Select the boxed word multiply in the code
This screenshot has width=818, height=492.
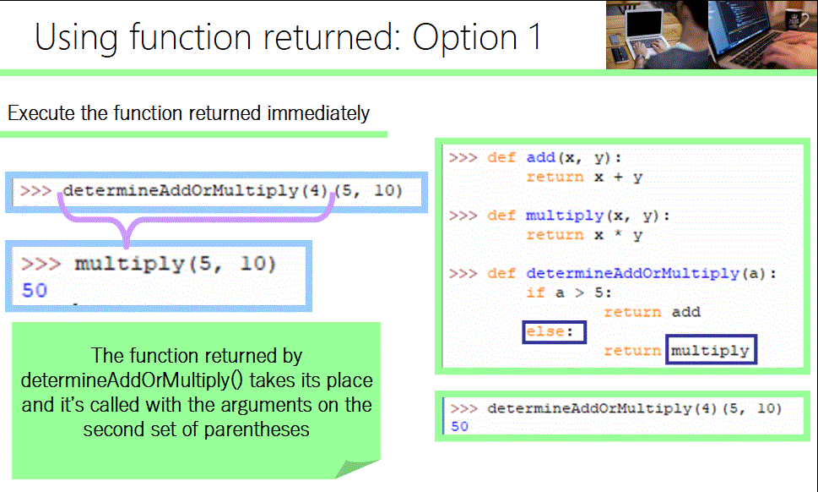point(710,350)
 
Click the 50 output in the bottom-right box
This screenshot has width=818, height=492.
point(459,426)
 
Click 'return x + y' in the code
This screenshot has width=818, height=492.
point(583,177)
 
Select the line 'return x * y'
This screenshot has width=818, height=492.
point(583,235)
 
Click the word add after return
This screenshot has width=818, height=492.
point(685,312)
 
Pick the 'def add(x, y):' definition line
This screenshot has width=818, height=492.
point(561,158)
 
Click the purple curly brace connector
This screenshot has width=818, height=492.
point(127,224)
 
